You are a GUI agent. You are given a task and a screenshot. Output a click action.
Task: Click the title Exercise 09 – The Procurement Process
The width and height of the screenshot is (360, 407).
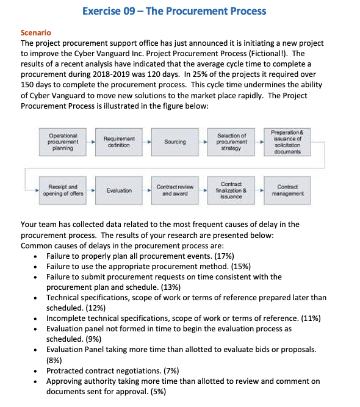(173, 11)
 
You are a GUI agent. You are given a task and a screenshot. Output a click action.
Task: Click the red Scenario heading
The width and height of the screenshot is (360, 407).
(36, 32)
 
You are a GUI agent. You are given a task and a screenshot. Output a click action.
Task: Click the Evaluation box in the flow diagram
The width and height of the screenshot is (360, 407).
(119, 190)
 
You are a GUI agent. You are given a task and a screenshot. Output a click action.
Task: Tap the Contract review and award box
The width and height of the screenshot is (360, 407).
(176, 190)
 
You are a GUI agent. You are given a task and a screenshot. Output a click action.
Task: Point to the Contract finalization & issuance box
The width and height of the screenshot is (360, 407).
(231, 190)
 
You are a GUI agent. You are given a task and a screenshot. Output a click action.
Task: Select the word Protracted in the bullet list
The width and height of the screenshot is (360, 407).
(65, 370)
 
